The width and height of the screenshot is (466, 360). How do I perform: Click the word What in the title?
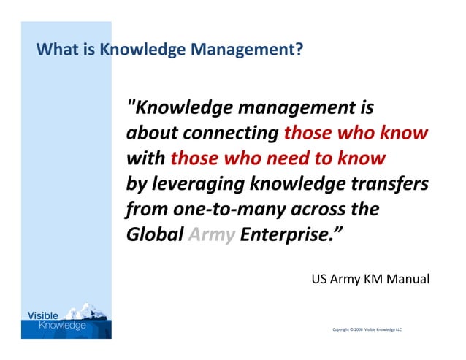(x=53, y=50)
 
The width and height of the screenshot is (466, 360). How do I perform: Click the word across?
(x=318, y=210)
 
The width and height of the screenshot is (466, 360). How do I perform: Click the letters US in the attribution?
(x=318, y=279)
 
